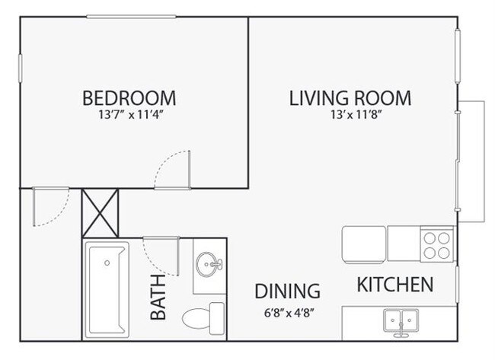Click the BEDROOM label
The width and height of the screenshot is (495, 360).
[x=129, y=98]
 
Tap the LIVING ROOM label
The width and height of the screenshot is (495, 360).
[x=350, y=98]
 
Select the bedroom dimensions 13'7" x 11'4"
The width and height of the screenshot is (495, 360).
[x=129, y=116]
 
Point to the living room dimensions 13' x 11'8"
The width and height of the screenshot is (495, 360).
[x=350, y=116]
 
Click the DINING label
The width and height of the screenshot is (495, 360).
[x=286, y=292]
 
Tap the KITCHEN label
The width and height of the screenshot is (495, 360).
[x=395, y=285]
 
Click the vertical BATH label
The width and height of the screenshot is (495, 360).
[x=158, y=301]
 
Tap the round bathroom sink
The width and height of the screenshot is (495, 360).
[x=208, y=265]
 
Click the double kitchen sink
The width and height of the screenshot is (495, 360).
[x=401, y=320]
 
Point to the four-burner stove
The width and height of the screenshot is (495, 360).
[x=438, y=244]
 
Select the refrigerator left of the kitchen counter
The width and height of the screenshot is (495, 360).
[x=365, y=244]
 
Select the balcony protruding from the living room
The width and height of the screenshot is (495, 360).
[x=472, y=161]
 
